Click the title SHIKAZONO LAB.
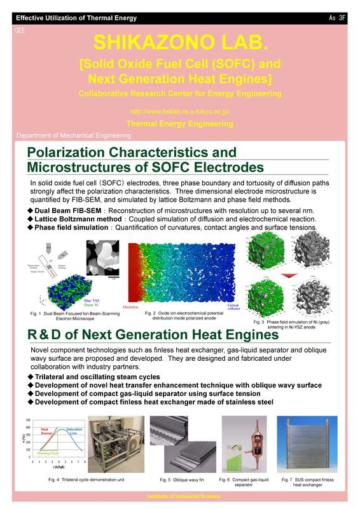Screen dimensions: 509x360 click(x=180, y=43)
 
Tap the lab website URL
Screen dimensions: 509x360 click(x=180, y=111)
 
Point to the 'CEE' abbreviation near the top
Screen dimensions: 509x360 click(x=20, y=29)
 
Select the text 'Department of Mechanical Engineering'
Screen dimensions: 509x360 click(x=73, y=136)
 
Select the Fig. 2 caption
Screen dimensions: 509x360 click(x=184, y=316)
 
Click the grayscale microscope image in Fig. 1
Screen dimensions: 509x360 click(x=101, y=259)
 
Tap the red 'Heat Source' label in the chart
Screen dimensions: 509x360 click(x=45, y=433)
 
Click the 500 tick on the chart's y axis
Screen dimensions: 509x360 click(x=28, y=420)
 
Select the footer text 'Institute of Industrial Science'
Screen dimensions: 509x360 click(x=180, y=496)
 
